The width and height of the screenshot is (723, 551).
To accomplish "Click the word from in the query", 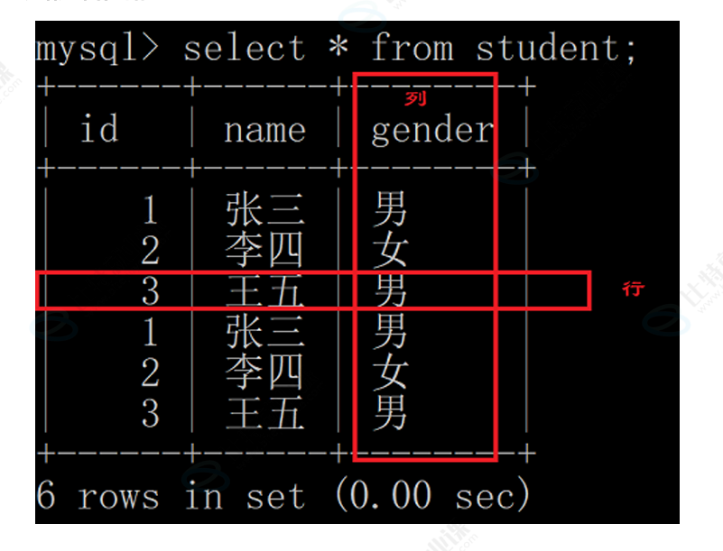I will pos(412,48).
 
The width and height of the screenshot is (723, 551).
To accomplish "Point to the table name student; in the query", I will pos(556,48).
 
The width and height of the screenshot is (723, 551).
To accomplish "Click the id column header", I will pos(99,130).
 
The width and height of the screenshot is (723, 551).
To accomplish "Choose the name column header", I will pos(264,130).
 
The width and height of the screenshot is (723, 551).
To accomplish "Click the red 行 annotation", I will pos(634,289).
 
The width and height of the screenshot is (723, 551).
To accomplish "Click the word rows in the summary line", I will pos(118,496).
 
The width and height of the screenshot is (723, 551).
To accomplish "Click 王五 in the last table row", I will pos(264,414).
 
